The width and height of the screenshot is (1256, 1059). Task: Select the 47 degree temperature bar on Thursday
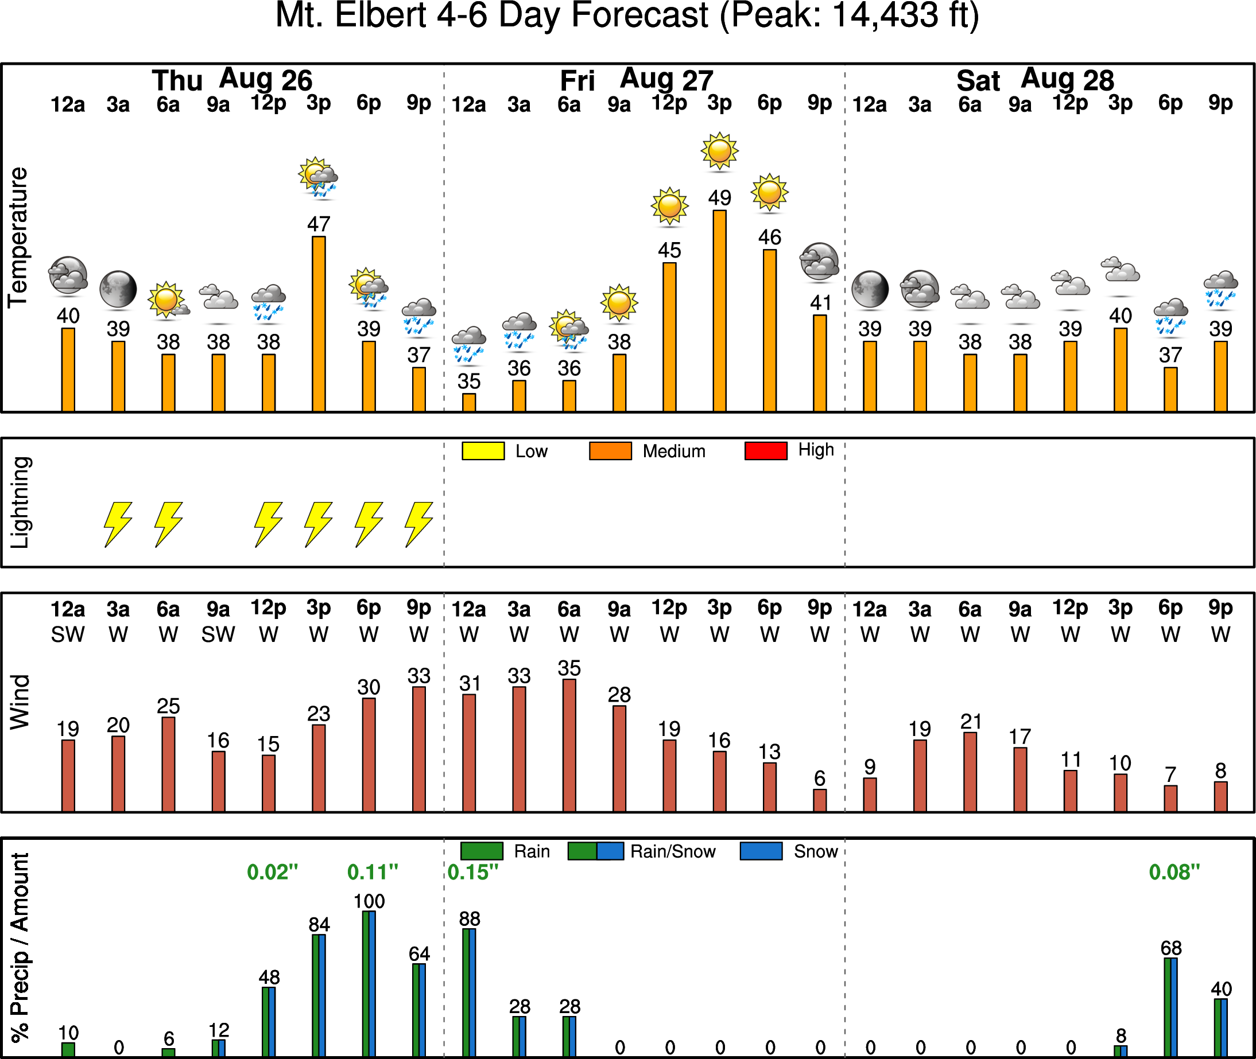(x=319, y=324)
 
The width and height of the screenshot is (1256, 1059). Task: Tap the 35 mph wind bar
(x=569, y=745)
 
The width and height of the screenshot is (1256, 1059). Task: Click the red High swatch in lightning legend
(x=765, y=451)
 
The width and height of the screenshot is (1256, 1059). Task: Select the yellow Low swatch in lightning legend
(x=483, y=451)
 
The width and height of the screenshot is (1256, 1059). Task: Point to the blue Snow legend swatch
(x=761, y=851)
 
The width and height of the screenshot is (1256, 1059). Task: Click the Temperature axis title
(x=18, y=238)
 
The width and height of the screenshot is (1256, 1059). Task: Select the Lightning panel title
(x=20, y=503)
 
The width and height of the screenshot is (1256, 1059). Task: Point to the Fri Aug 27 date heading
(x=636, y=80)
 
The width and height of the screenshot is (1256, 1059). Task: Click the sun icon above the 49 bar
(x=719, y=151)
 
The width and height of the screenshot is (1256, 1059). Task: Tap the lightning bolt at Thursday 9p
(x=418, y=524)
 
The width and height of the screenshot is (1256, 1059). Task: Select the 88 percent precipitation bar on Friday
(x=469, y=992)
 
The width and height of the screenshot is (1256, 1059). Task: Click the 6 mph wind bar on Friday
(x=819, y=800)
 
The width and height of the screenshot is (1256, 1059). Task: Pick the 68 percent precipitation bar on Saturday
(x=1170, y=1007)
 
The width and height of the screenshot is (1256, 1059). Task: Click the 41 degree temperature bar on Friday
(x=819, y=363)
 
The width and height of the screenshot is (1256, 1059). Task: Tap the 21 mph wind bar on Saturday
(x=970, y=772)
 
